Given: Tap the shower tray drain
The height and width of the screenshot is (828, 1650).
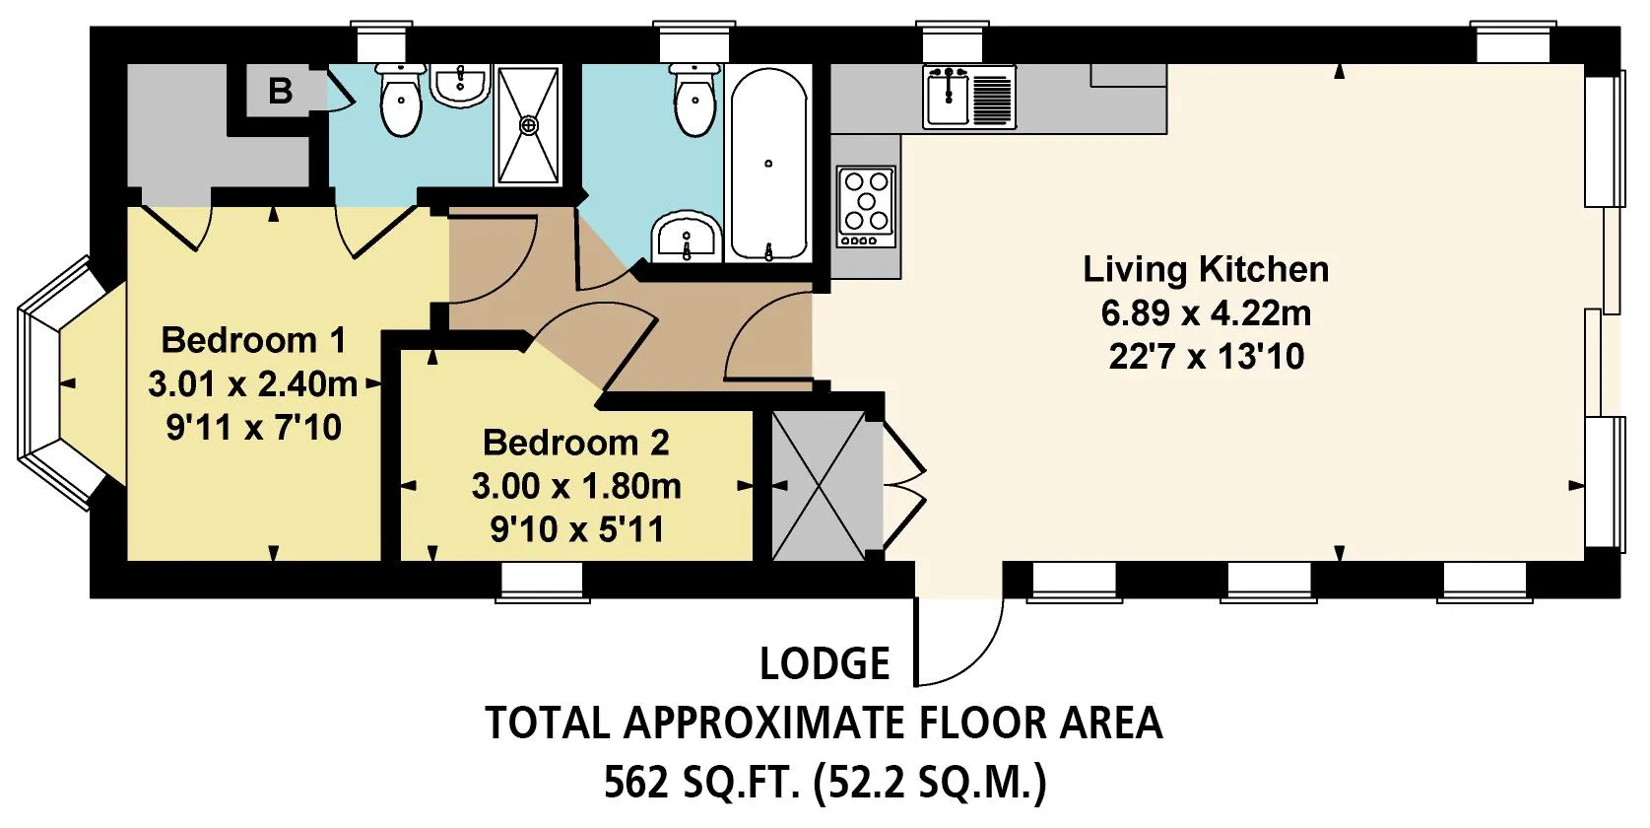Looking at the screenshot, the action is click(528, 125).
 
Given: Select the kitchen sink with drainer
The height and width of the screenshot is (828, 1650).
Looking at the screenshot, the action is click(969, 96).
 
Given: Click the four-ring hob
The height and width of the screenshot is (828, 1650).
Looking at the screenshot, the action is click(866, 206).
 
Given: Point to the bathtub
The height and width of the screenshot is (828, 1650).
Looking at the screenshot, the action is click(768, 163).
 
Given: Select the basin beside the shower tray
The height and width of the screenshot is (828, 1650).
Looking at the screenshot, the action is click(460, 85).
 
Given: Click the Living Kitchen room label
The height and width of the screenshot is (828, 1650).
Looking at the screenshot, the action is click(1206, 269).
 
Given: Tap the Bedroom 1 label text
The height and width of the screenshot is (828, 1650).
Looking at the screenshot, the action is click(253, 340).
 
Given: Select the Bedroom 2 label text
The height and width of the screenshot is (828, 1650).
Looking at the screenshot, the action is click(576, 443).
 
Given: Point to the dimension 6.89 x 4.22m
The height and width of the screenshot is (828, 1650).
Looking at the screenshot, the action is click(1206, 313).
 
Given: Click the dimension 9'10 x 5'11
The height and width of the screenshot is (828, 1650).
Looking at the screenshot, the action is click(577, 529).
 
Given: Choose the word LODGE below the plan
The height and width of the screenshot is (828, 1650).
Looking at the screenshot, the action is click(825, 663).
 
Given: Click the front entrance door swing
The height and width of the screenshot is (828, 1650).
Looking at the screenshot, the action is click(958, 641).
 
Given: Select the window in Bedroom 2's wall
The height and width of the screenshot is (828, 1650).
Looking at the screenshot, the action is click(542, 583).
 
